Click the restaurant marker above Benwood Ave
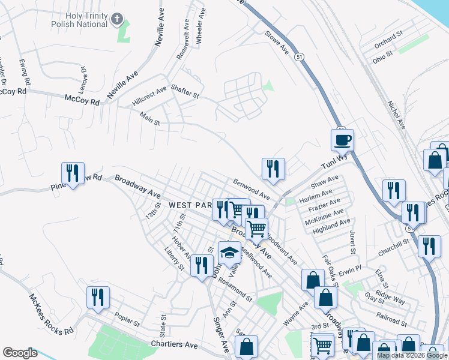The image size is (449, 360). (273, 169)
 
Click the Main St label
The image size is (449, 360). (149, 119)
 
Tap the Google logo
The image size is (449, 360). (20, 353)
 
